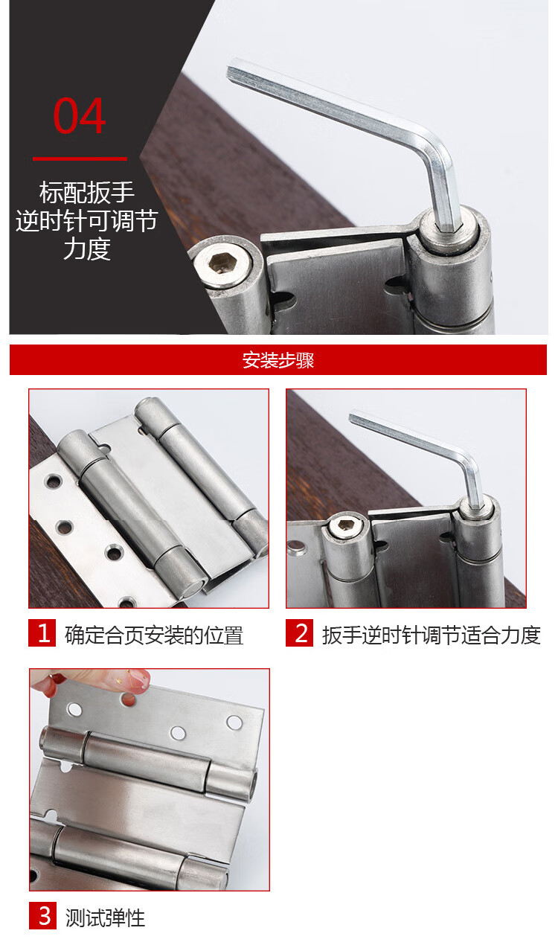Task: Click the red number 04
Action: point(79,115)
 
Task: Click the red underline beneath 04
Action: point(80,158)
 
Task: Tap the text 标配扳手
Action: point(87,192)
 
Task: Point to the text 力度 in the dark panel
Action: point(87,249)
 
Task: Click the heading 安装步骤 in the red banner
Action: point(278,360)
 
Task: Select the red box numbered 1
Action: point(42,632)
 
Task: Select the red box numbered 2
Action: point(300,632)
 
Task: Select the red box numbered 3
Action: point(42,915)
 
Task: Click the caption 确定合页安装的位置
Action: point(154,635)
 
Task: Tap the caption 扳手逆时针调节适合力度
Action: point(432,635)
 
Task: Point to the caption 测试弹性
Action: point(105,918)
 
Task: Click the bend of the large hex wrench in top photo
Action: point(438,155)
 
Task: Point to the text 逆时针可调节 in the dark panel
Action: point(87,220)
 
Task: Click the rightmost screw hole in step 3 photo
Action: point(234,723)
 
